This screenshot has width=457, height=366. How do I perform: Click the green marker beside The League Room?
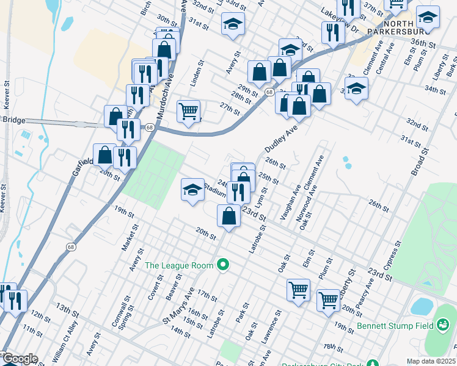pos(224,265)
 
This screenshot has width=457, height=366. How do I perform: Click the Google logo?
pos(20,359)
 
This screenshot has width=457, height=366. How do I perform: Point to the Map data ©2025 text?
pos(430,361)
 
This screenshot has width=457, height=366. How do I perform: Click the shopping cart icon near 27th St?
pos(188,111)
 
